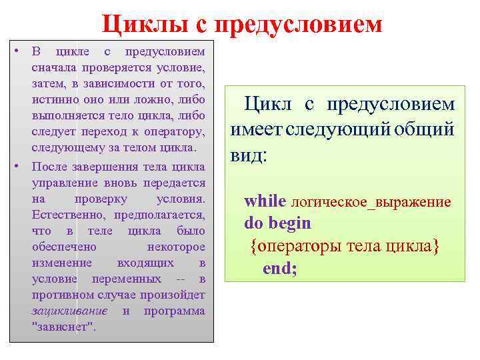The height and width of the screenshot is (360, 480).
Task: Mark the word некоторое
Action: point(176,247)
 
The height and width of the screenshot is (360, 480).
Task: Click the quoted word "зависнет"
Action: point(64,327)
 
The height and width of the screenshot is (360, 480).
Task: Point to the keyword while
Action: point(265,201)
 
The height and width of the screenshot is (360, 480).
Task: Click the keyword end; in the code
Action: point(280,268)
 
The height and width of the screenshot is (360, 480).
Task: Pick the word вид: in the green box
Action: point(249,156)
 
